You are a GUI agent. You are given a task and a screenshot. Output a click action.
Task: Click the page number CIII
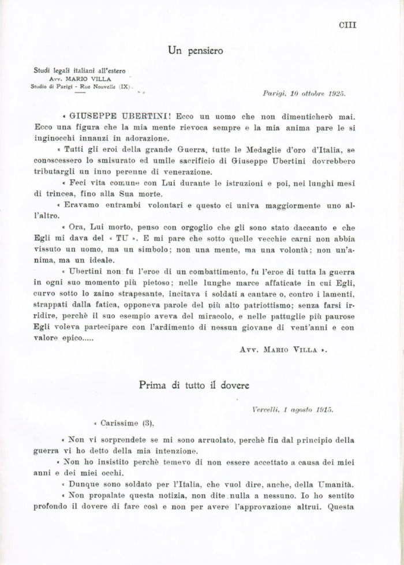click(x=347, y=24)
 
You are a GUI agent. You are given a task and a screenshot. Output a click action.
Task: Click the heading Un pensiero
click(x=196, y=51)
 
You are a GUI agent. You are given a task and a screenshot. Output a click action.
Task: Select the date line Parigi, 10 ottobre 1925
click(x=304, y=92)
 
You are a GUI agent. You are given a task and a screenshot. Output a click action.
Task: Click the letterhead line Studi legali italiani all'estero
click(x=79, y=71)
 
